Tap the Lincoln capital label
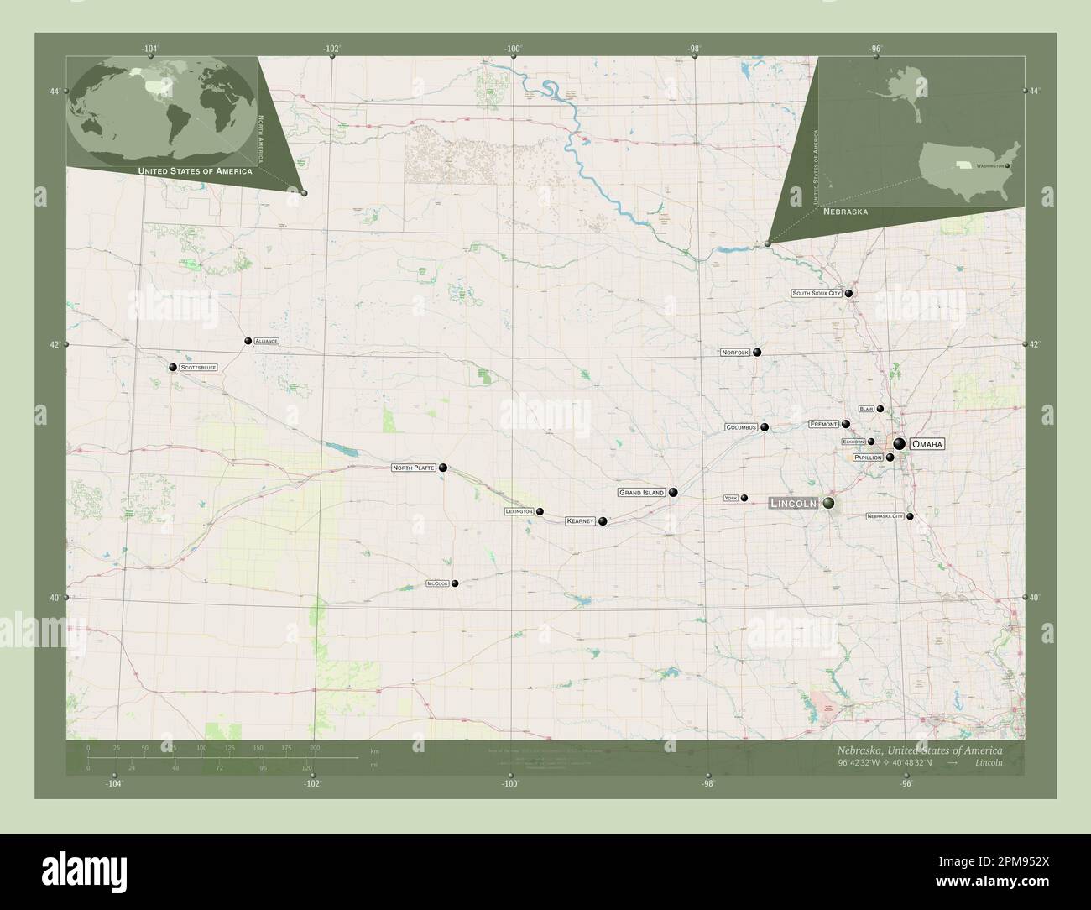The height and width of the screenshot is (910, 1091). coord(793,503)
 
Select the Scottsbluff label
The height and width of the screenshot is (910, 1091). coord(198,368)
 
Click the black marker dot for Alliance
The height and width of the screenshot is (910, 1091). coord(248,341)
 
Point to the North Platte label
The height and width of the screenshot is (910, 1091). coord(414,468)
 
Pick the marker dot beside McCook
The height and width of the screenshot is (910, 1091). coord(455,583)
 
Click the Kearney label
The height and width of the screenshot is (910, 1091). coord(580,521)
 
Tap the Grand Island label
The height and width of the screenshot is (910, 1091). coord(642,493)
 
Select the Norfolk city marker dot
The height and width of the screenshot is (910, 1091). coord(757,353)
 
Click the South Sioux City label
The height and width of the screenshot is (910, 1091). coord(817,294)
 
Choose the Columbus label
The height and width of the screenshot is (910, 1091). coord(741,427)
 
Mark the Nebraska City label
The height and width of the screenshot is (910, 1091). coord(885,517)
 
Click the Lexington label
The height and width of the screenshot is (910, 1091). coord(519,511)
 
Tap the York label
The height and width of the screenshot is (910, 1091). coord(730,499)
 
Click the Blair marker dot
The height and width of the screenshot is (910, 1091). coord(880,409)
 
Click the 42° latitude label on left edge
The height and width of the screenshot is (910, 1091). coord(55,344)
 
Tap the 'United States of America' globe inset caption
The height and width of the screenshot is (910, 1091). coord(195,171)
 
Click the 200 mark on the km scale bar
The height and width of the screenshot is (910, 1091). coord(315,747)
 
